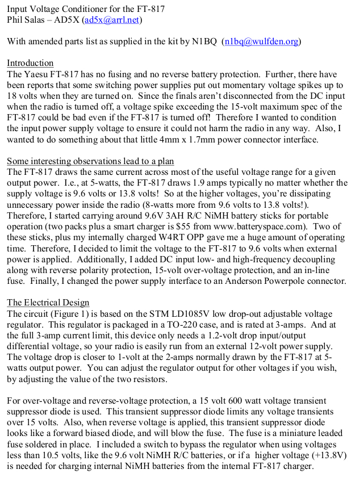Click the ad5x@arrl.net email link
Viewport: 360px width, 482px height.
(x=112, y=20)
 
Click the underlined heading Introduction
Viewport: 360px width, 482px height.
(x=30, y=63)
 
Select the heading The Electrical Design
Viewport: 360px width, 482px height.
(x=48, y=303)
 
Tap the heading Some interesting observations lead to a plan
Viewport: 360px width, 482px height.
(x=91, y=161)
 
